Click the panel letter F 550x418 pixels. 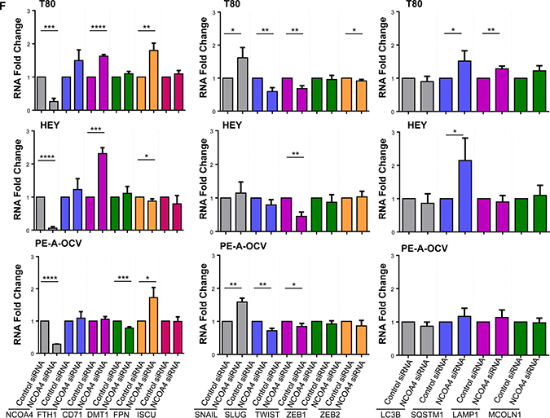[6, 6]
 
